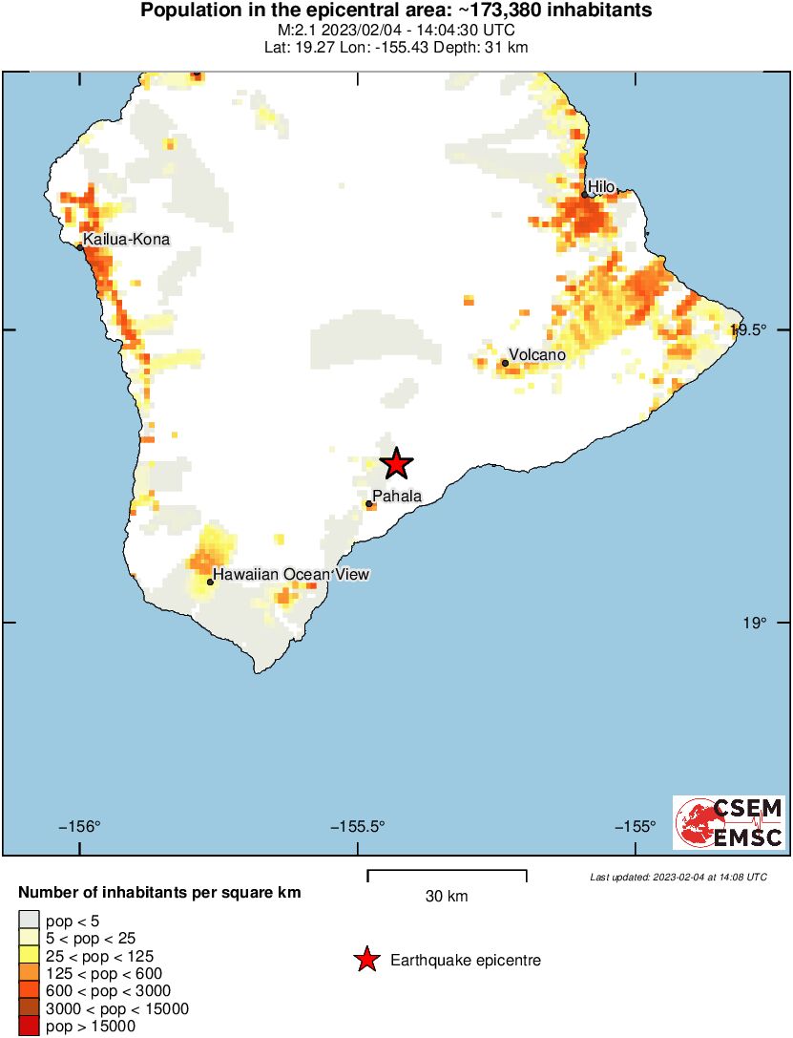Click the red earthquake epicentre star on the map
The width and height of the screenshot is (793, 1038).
tap(397, 464)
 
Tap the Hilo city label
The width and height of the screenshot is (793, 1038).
tap(602, 186)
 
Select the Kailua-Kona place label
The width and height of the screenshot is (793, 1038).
tap(127, 239)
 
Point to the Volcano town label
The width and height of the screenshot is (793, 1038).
tap(537, 354)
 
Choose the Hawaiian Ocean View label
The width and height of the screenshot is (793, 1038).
tap(290, 574)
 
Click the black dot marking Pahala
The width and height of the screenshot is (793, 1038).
tap(368, 503)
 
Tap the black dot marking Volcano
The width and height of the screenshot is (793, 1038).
tap(505, 363)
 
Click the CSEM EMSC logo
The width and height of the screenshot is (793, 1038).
tap(729, 822)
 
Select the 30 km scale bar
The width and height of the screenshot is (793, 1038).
tap(447, 871)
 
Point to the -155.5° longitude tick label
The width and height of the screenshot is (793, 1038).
tap(358, 827)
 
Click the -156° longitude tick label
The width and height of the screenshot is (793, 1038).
tap(80, 827)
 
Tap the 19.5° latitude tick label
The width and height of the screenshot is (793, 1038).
tap(749, 330)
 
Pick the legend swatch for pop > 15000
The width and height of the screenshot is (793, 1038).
tap(29, 1027)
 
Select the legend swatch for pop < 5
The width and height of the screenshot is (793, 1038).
tap(29, 921)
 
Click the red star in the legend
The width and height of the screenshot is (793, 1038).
tap(366, 961)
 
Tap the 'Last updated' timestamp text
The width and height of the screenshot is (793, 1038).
tap(678, 877)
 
